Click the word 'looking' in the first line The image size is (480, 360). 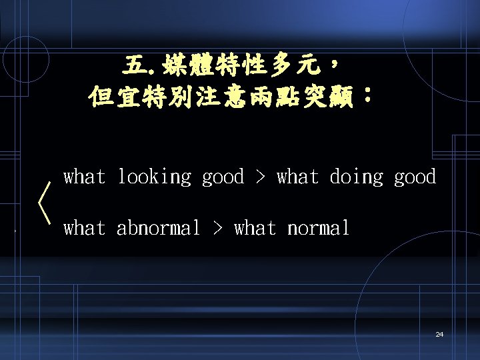pyautogui.click(x=154, y=177)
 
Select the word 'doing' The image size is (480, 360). pyautogui.click(x=357, y=177)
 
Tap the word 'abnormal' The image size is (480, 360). pyautogui.click(x=159, y=229)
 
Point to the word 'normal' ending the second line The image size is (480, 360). pyautogui.click(x=318, y=229)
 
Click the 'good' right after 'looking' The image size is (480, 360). pyautogui.click(x=223, y=177)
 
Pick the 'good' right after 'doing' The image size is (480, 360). pyautogui.click(x=415, y=177)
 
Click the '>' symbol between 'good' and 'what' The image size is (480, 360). pyautogui.click(x=260, y=178)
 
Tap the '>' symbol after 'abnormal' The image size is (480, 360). pyautogui.click(x=217, y=229)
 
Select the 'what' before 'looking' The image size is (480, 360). pyautogui.click(x=85, y=177)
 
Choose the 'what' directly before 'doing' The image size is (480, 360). pyautogui.click(x=297, y=177)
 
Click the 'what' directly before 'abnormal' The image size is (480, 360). pyautogui.click(x=85, y=229)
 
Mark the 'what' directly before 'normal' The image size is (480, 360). pyautogui.click(x=255, y=229)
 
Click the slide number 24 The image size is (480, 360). pyautogui.click(x=439, y=334)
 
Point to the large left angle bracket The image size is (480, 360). pyautogui.click(x=45, y=204)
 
